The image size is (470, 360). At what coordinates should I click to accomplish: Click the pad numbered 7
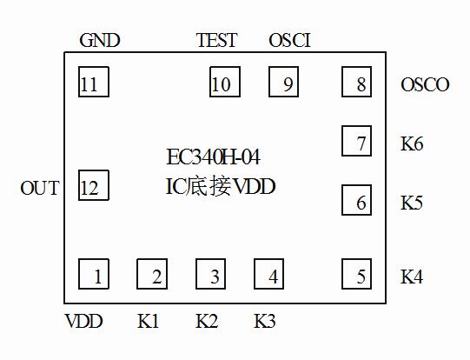(356, 142)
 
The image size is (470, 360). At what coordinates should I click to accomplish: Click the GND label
(99, 41)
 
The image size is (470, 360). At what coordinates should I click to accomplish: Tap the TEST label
(216, 41)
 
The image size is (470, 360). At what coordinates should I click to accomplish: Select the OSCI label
(289, 41)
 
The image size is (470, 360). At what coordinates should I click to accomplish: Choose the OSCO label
(425, 85)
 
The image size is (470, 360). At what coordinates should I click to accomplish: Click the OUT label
(40, 188)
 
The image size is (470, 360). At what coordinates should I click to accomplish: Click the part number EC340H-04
(213, 158)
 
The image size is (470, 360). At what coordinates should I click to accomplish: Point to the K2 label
(207, 321)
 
